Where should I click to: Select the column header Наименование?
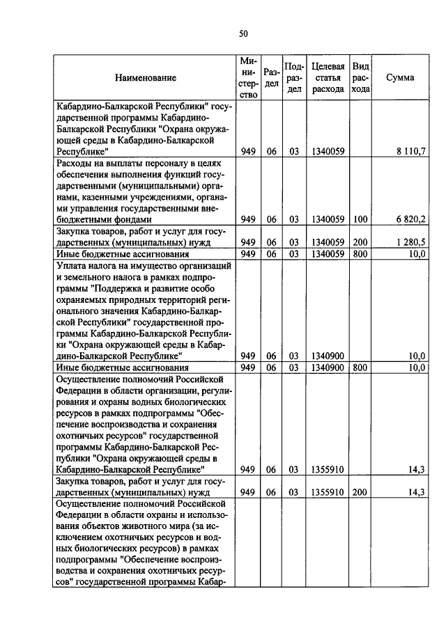pyautogui.click(x=146, y=78)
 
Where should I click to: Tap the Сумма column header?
pyautogui.click(x=400, y=78)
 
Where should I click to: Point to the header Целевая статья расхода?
pyautogui.click(x=328, y=78)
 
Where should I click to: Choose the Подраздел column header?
pyautogui.click(x=293, y=78)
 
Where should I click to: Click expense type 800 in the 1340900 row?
pyautogui.click(x=360, y=367)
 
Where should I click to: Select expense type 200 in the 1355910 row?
pyautogui.click(x=360, y=492)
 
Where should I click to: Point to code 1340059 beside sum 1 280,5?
pyautogui.click(x=328, y=242)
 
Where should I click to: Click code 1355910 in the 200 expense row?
pyautogui.click(x=328, y=492)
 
